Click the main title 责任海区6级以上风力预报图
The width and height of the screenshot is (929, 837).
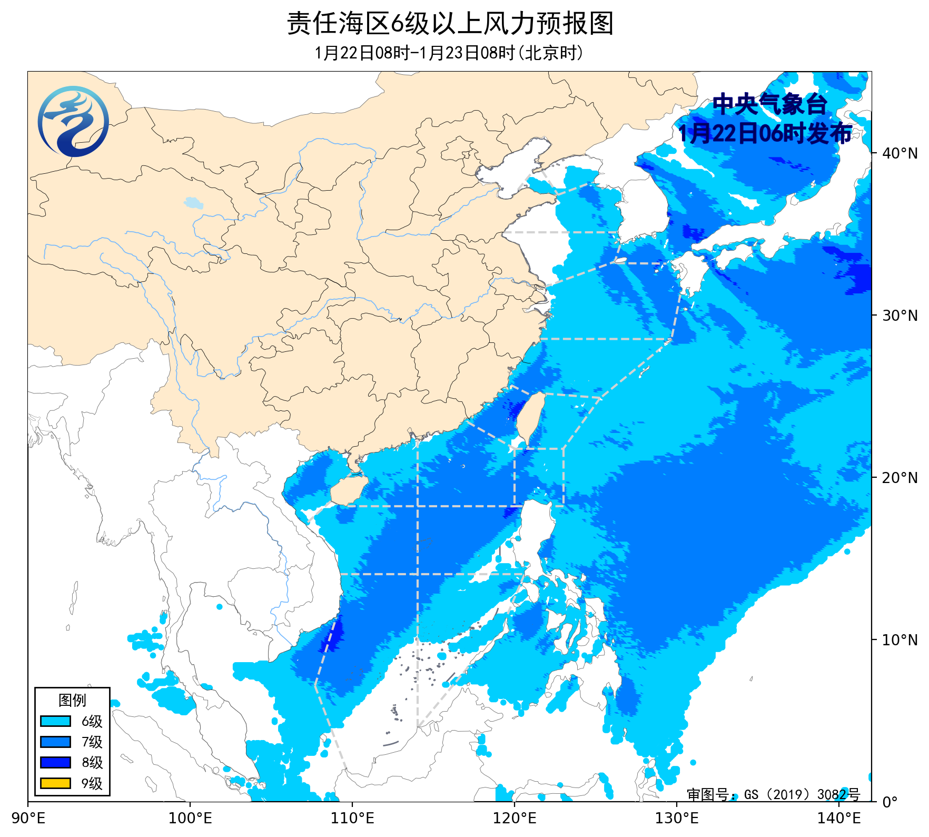(450, 24)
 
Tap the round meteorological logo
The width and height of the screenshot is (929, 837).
(73, 122)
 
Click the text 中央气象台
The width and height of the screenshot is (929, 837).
(769, 104)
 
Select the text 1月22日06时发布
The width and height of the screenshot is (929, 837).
(764, 133)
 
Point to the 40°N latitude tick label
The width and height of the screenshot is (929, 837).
(900, 153)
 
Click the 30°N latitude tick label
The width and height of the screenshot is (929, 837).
(900, 316)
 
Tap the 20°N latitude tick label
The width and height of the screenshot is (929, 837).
(900, 478)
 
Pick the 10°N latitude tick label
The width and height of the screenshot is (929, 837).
(900, 640)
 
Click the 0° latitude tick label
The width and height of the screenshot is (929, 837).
(890, 802)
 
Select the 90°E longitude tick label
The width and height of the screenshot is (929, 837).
(29, 819)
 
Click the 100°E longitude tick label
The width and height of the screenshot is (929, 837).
(190, 819)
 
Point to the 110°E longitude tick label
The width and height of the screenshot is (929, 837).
(352, 819)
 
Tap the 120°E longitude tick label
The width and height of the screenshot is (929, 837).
(515, 819)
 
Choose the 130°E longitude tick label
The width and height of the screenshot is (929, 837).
(677, 819)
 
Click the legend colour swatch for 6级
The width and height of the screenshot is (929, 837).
(55, 721)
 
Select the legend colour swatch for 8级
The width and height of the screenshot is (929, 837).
(55, 762)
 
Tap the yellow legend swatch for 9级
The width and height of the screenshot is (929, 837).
(55, 783)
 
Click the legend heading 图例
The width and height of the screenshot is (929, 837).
(72, 700)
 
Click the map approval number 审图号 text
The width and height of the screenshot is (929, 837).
(773, 794)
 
